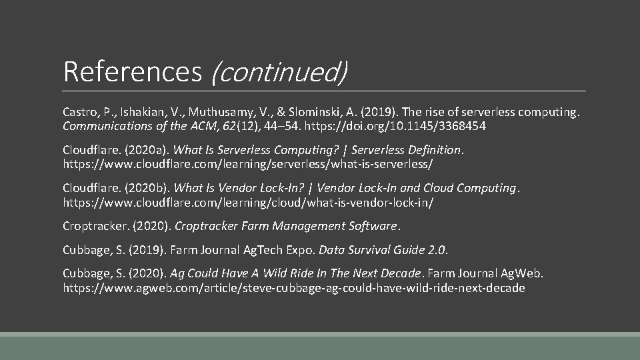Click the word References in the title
coord(132,71)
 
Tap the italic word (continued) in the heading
coord(279,71)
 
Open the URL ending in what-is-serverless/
coord(248,163)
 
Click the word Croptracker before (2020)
coord(95,226)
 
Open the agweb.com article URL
coord(293,288)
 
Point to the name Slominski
coord(301,111)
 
